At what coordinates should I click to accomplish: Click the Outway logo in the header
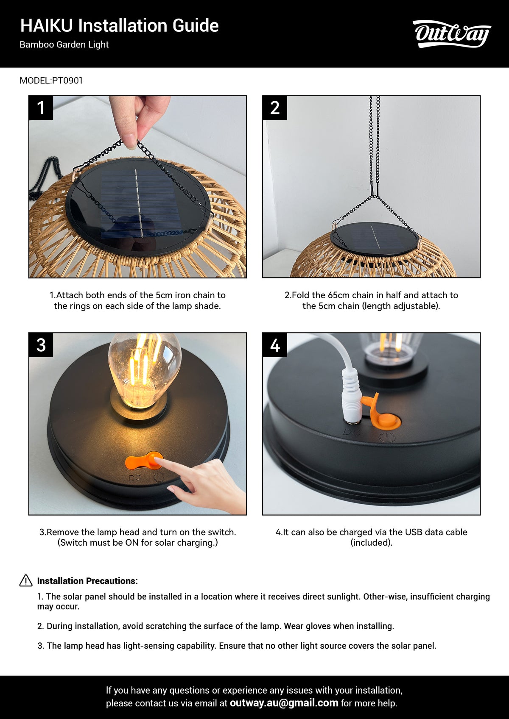click(452, 34)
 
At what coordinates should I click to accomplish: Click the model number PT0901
click(67, 81)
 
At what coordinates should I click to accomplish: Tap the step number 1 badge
click(41, 108)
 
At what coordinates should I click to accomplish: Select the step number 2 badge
click(275, 108)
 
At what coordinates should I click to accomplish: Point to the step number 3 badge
click(41, 345)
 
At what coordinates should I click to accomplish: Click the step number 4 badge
click(275, 345)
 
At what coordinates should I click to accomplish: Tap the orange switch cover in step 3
click(144, 461)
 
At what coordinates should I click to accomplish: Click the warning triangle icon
click(26, 580)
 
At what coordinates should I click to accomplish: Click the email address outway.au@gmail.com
click(284, 703)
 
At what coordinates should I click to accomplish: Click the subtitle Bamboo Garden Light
click(64, 44)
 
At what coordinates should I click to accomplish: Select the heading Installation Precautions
click(87, 581)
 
